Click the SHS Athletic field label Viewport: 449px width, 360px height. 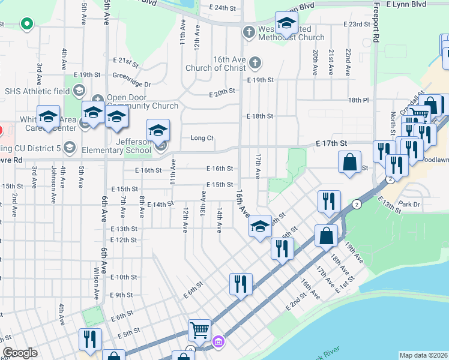tap(36, 91)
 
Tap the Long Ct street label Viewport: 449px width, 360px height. tap(202, 138)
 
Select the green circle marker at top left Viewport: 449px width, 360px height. tap(26, 25)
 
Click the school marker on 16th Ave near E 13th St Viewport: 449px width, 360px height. tap(259, 226)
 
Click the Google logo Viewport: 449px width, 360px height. tap(20, 353)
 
